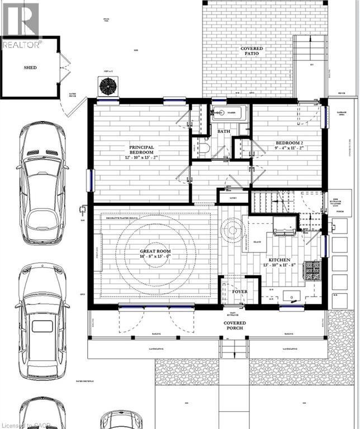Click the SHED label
(x=30, y=68)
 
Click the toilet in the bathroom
(x=203, y=149)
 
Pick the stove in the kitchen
(x=311, y=271)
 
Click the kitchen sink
(x=291, y=296)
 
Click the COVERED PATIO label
(x=252, y=51)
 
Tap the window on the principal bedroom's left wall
(x=89, y=180)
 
